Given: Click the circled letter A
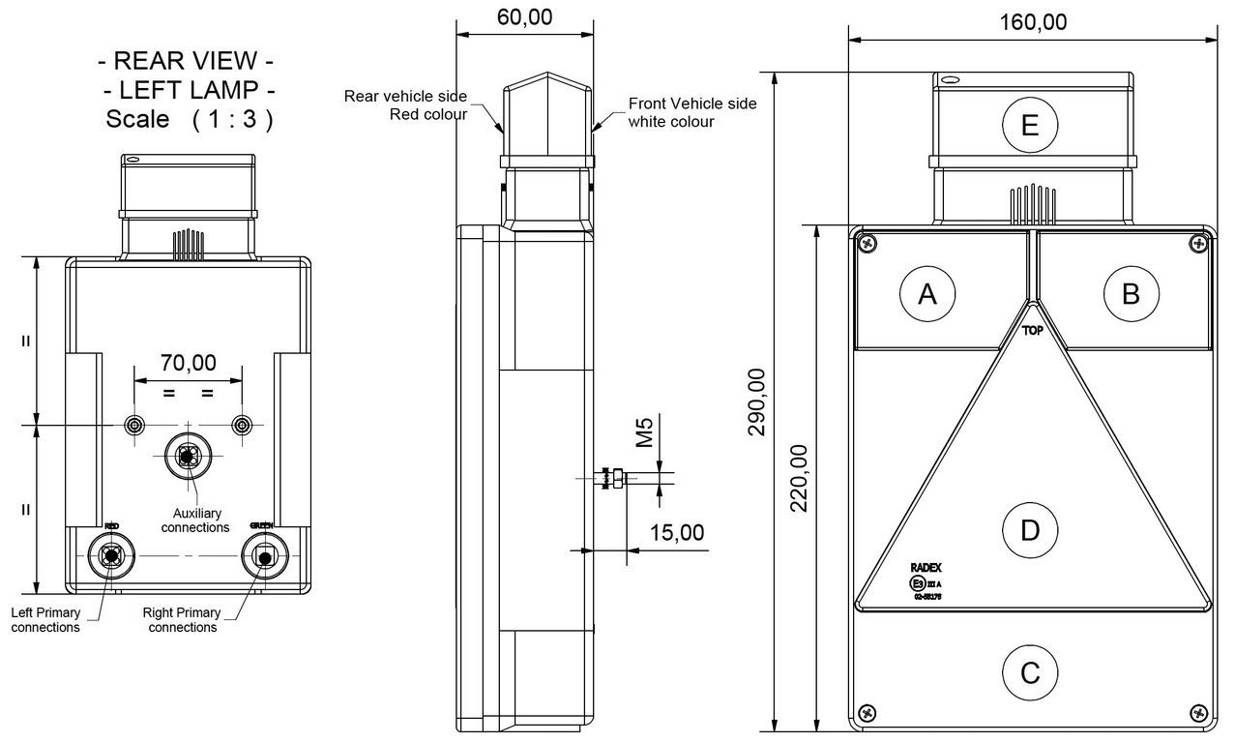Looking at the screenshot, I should coord(926,293).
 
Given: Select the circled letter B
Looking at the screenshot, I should coord(1130,293).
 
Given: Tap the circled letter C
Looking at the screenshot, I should coord(1030,671).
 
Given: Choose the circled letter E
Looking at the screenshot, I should coord(1030,126).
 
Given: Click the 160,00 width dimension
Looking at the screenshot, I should coord(1033,22).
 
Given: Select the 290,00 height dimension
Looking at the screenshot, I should coord(757,401).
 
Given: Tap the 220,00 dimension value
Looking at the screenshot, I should coord(799,479).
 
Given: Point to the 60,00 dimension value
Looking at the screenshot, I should coord(524,16).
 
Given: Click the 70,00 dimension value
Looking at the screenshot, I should coord(188,363).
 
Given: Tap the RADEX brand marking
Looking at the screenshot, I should coord(926,568).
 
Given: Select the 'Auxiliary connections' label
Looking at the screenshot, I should coord(195,520).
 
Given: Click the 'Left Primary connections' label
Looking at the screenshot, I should coord(45,619).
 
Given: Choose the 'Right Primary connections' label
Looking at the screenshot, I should coord(182,619).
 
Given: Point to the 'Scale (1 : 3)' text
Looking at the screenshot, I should coord(189,120).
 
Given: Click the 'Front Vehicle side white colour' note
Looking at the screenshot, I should coord(692,112).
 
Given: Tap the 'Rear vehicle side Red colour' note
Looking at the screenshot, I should coord(405,105).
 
